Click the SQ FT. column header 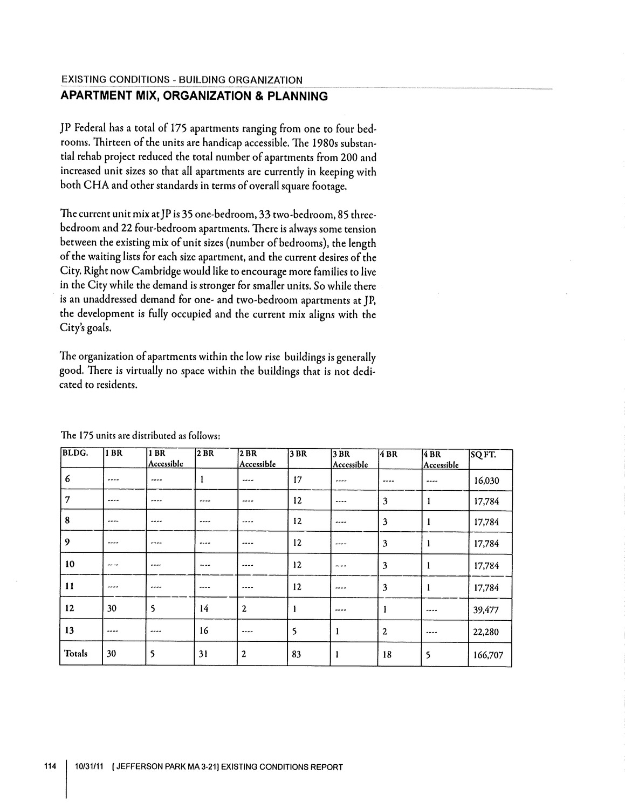point(483,455)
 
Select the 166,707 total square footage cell point(488,656)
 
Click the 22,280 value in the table point(486,633)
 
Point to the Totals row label point(75,654)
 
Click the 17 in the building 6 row point(297,478)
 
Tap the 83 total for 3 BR point(297,654)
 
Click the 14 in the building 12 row point(204,609)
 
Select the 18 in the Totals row point(387,654)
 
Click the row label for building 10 point(70,564)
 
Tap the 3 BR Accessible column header point(350,459)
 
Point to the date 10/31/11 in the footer point(89,767)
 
